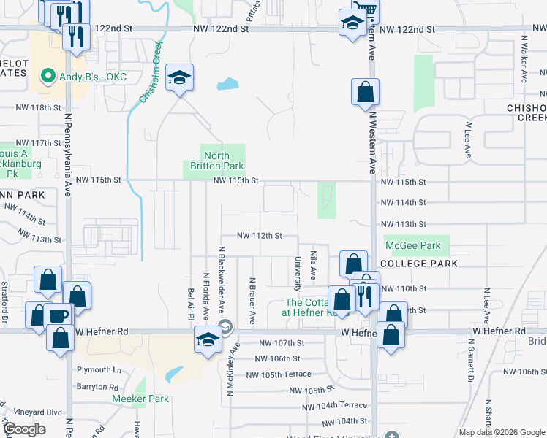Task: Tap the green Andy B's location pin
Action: (x=48, y=75)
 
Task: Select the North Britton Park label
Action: (x=216, y=161)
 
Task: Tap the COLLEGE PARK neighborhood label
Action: (x=420, y=264)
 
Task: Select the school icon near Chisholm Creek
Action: (x=178, y=78)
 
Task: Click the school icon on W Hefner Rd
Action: (x=208, y=339)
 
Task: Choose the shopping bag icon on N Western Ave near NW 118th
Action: (x=364, y=93)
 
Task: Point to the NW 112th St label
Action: (x=259, y=236)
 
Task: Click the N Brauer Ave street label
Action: (x=252, y=301)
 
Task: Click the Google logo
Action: (x=25, y=430)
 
